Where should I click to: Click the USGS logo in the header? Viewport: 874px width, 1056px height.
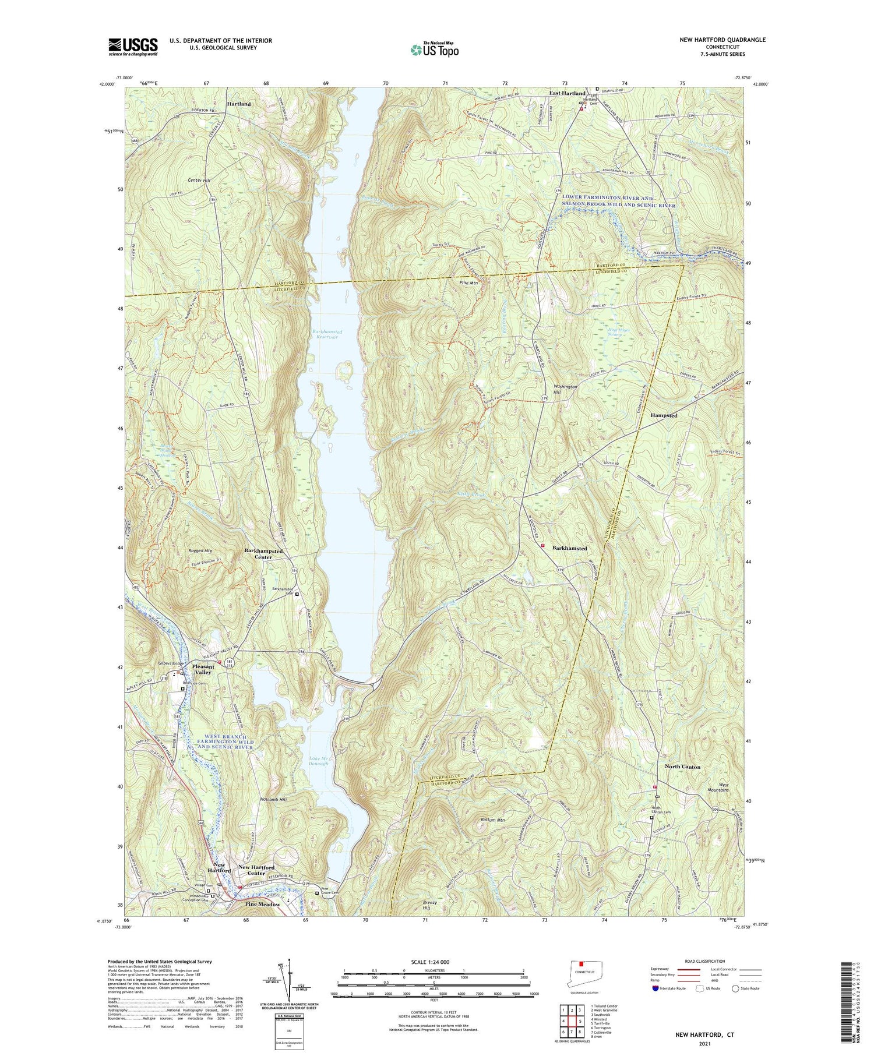pos(133,47)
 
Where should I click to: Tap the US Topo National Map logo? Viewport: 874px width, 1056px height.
pos(434,50)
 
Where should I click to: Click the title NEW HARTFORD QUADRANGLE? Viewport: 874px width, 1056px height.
pos(722,40)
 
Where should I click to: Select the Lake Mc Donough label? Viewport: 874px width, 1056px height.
pos(315,760)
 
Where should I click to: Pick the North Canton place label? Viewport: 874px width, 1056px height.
pos(682,767)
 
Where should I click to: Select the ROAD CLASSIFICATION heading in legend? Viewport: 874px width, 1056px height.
pos(705,961)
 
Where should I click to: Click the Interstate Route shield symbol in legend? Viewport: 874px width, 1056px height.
pos(657,988)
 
